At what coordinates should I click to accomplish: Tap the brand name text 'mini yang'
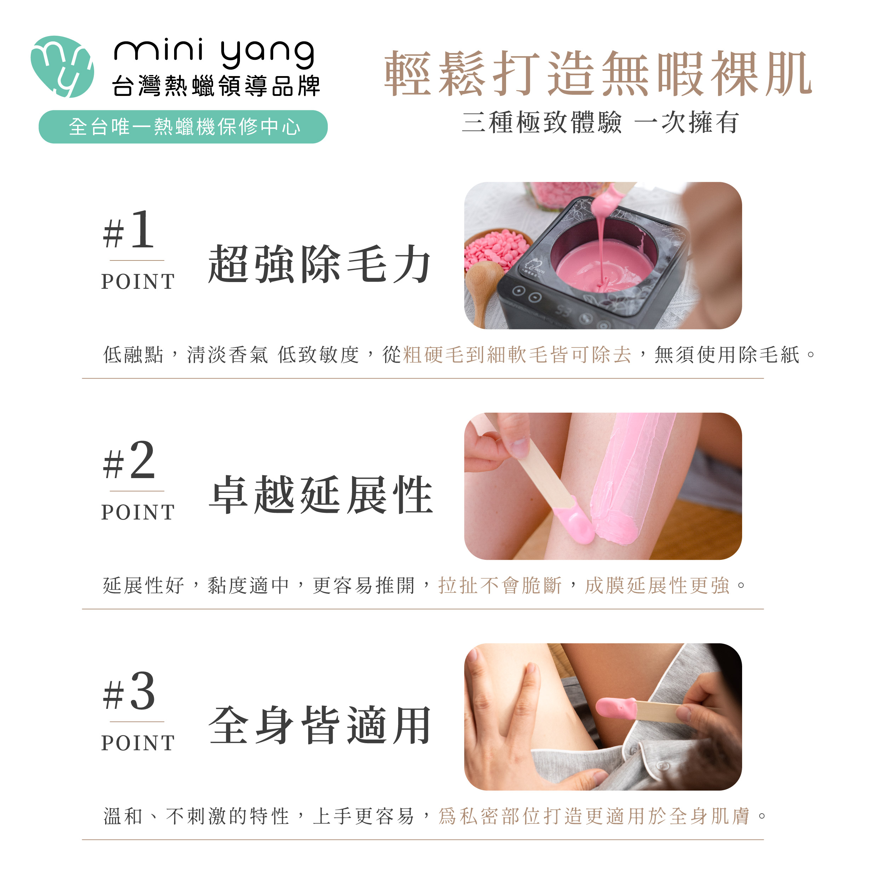click(x=214, y=54)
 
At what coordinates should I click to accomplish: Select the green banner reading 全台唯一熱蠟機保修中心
click(x=183, y=127)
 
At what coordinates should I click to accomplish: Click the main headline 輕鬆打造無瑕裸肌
click(x=598, y=74)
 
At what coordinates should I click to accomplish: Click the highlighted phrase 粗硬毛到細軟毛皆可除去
click(x=517, y=355)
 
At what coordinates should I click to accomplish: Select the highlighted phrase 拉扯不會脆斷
click(x=500, y=586)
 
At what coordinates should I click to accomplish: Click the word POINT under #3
click(x=138, y=743)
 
